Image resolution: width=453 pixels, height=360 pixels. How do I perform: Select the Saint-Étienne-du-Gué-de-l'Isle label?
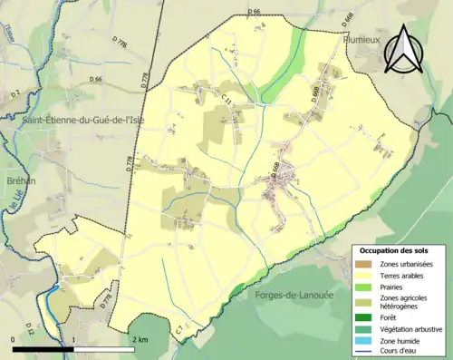coord(73,119)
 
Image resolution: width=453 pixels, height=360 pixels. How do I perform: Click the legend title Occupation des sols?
coord(394,249)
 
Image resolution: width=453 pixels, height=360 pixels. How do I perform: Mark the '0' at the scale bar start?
coord(14,338)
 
